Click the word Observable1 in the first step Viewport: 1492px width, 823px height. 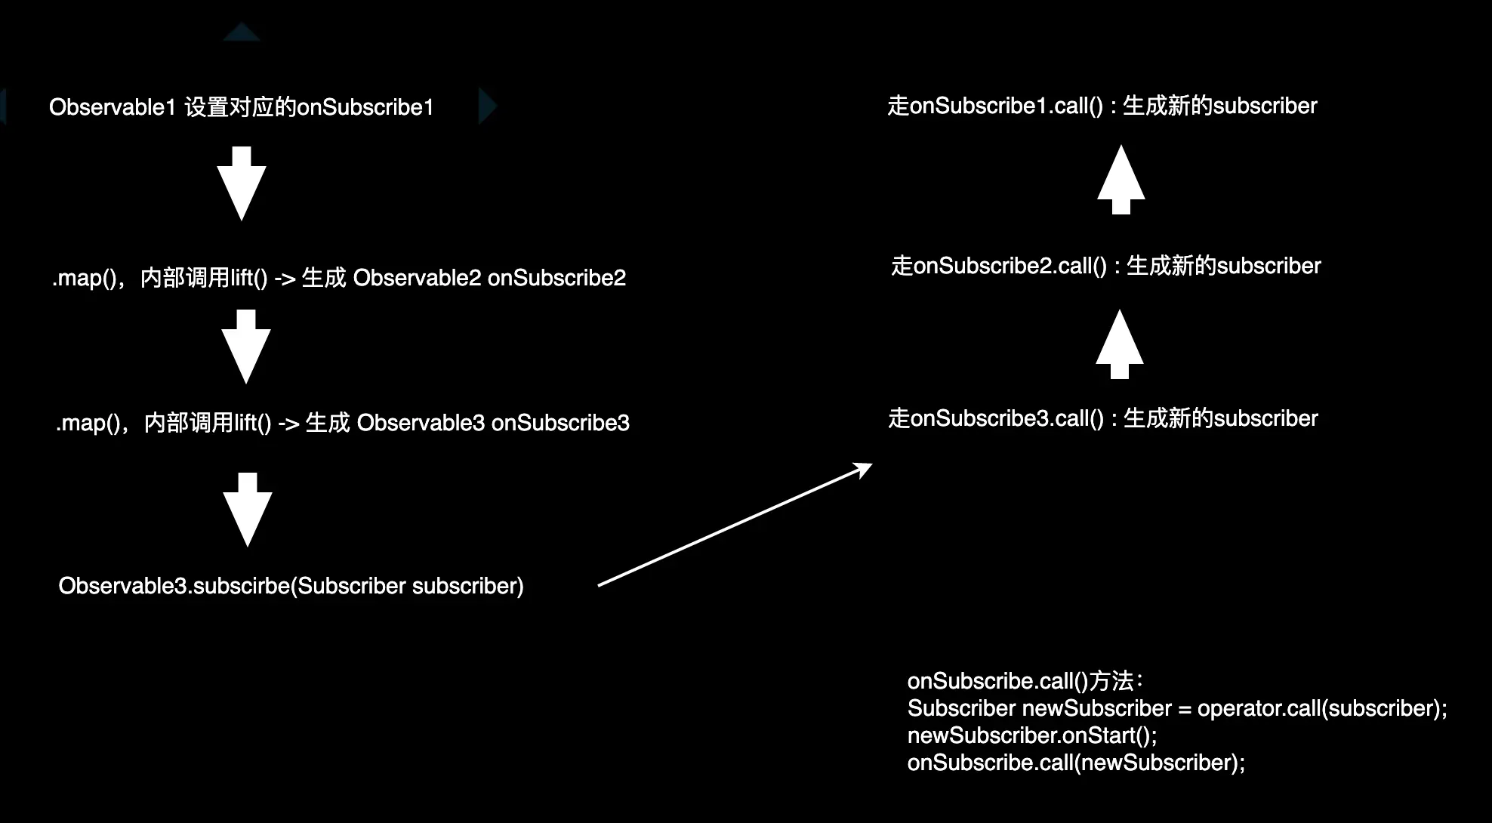click(113, 107)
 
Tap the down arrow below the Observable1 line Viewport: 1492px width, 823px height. click(242, 184)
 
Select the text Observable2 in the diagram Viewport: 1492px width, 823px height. click(417, 278)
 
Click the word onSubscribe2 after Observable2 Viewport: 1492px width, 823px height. click(556, 278)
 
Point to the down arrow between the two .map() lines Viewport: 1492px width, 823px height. click(246, 347)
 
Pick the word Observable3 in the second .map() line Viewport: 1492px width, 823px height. click(421, 423)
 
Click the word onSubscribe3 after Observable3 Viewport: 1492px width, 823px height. click(560, 423)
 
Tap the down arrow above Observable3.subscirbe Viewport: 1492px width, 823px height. click(248, 510)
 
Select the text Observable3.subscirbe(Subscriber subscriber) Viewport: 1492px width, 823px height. click(291, 586)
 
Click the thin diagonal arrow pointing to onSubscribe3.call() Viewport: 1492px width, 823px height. click(735, 525)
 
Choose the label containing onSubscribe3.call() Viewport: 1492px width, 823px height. click(1102, 418)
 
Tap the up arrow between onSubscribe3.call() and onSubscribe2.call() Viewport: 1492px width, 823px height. click(1120, 345)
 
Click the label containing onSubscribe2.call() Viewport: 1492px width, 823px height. click(1105, 266)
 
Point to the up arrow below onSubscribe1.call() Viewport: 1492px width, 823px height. click(1121, 180)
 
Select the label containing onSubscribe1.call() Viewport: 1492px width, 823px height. click(1102, 106)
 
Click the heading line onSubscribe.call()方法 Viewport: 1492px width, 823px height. click(1025, 681)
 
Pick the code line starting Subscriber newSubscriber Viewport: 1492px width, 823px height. click(1176, 708)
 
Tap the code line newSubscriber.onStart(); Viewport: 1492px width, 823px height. click(1031, 735)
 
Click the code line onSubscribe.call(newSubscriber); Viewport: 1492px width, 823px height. click(1076, 763)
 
